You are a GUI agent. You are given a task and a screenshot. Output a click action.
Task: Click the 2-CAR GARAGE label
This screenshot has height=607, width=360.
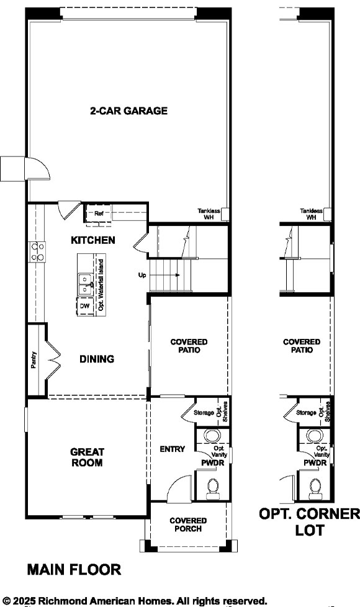tap(128, 111)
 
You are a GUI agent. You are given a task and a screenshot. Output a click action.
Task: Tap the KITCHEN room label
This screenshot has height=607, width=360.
tap(92, 240)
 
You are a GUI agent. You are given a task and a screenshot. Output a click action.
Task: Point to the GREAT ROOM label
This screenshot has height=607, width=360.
tap(87, 457)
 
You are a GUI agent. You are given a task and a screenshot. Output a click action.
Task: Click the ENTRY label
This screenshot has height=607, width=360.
tap(172, 449)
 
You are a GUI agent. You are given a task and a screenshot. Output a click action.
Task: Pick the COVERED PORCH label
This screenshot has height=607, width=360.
tap(189, 524)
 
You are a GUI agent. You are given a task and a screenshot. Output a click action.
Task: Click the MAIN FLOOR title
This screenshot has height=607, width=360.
tap(74, 569)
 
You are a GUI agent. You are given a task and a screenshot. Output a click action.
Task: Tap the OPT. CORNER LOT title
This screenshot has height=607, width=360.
tap(308, 522)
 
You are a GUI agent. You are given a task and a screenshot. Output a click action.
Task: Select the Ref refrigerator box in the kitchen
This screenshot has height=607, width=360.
tap(99, 214)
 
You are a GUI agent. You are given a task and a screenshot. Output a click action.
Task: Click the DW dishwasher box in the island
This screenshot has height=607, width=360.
tap(84, 307)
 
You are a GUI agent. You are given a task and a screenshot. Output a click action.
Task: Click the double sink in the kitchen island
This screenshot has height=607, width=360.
tap(84, 285)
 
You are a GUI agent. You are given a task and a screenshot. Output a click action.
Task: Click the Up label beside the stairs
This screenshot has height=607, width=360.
tap(142, 274)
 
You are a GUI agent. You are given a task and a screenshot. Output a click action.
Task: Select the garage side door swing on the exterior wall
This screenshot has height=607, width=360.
tap(34, 168)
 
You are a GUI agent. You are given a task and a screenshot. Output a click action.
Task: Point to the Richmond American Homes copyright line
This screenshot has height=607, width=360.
tap(135, 600)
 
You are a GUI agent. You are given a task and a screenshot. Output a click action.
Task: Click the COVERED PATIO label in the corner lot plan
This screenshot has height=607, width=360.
tap(302, 346)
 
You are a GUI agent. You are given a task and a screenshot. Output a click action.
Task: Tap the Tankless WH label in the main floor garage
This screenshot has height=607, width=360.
tap(209, 214)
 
